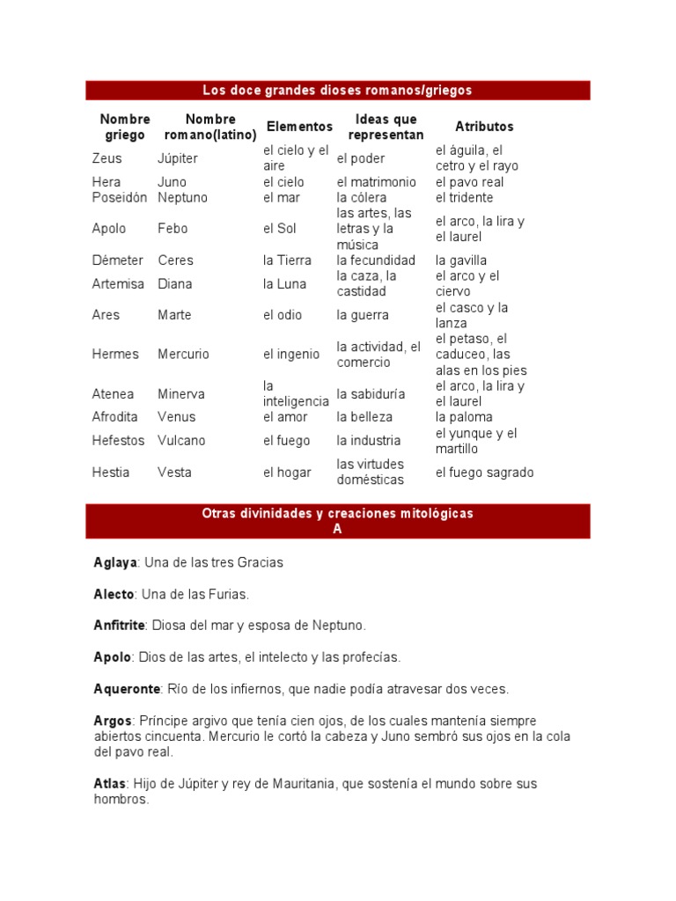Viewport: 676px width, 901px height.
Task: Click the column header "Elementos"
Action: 299,127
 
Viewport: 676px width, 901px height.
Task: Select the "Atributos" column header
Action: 484,127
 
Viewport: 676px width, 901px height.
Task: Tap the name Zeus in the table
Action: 107,158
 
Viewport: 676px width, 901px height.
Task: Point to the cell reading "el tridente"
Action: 464,197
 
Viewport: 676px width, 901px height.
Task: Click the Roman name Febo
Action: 173,229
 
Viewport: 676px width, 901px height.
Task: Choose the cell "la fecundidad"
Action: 376,260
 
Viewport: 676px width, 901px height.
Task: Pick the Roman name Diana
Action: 174,284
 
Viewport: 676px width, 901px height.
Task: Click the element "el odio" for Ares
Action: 282,315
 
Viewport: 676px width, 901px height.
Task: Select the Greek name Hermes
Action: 115,355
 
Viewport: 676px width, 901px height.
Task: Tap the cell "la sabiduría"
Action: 371,393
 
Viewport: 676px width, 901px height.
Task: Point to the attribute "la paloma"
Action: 464,417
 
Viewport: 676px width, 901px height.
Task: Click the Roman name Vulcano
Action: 181,441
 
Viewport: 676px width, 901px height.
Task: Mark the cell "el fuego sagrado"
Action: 484,472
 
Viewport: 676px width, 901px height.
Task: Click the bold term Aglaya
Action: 113,562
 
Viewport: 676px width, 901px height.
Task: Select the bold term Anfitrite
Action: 119,626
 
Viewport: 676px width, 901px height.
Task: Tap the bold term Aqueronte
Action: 126,689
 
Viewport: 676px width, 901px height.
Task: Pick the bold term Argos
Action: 112,721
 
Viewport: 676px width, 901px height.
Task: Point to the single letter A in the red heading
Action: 337,529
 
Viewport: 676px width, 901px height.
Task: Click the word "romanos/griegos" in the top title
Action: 425,90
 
